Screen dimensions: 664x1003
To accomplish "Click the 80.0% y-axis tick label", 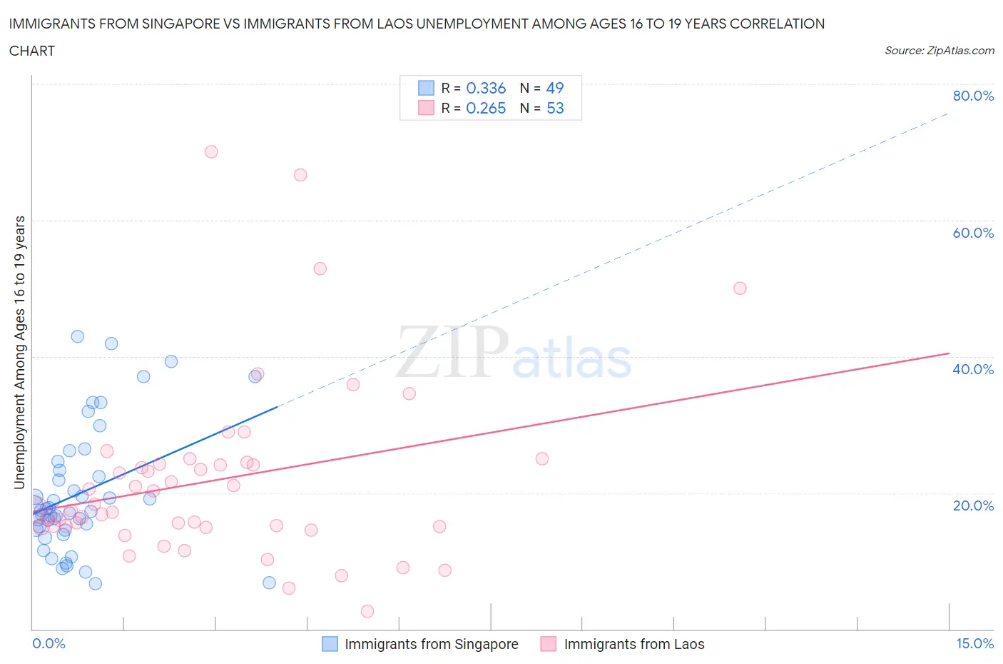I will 973,96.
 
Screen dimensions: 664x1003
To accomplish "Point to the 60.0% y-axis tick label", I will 973,233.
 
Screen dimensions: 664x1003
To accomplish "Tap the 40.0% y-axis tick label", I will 973,369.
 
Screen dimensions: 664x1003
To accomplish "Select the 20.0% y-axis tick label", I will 973,505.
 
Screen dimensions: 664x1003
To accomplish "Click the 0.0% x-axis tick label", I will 49,643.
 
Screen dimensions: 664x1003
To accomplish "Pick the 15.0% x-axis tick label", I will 974,643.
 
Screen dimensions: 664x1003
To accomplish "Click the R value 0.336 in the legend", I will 486,88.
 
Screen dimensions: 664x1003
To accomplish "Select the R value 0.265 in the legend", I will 486,108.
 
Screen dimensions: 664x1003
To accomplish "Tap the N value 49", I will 555,88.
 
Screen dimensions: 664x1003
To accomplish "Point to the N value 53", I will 555,108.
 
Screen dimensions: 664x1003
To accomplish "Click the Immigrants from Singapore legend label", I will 431,644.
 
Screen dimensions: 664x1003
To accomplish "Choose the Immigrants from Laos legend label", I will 633,644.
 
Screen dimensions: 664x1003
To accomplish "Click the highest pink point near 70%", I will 211,151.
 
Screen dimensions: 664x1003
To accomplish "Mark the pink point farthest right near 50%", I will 740,288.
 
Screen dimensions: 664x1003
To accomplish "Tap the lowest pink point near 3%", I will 367,611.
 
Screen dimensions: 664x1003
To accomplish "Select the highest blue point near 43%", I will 78,336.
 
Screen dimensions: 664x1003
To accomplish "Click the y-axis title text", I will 19,352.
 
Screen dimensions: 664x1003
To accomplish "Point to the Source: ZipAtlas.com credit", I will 939,50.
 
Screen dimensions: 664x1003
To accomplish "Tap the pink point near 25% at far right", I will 542,459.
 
